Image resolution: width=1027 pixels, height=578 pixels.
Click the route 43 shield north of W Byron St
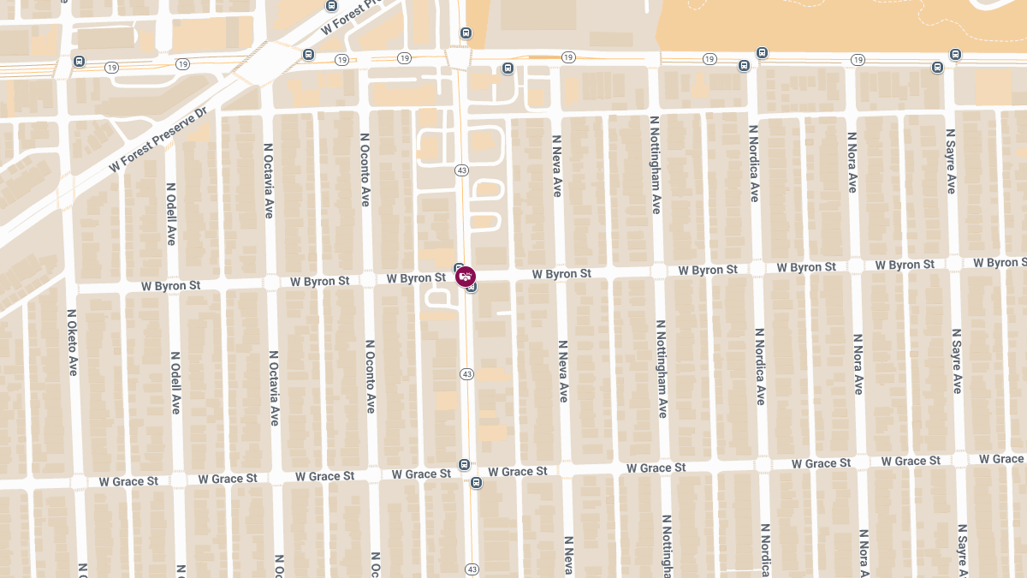pos(462,170)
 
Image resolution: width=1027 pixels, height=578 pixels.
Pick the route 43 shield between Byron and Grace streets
pos(466,374)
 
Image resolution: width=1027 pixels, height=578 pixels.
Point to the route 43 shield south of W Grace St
pos(472,569)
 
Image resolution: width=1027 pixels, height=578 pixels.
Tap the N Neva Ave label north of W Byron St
pos(557,166)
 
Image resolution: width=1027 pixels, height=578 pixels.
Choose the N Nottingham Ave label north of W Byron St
pos(656,165)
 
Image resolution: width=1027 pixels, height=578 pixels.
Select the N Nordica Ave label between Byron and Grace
pos(759,366)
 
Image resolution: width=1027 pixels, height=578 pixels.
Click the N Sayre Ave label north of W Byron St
pos(951,162)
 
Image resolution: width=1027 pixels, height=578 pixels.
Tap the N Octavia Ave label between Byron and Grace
pos(274,388)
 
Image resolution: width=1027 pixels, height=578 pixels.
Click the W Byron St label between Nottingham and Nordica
pos(708,270)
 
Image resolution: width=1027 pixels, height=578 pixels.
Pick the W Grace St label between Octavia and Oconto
pos(324,476)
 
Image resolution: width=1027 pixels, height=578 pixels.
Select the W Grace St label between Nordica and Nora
pos(821,463)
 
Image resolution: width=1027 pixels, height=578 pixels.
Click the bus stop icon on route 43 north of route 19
pos(466,33)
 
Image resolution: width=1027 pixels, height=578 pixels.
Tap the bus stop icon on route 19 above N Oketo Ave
pos(80,62)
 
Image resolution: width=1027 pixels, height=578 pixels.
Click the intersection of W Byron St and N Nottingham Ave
pos(658,271)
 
